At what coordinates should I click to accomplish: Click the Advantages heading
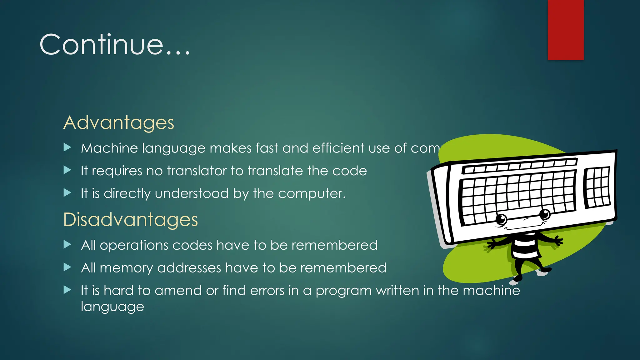coord(119,122)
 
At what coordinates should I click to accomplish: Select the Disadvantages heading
coord(130,219)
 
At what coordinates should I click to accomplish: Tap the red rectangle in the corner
coord(566,30)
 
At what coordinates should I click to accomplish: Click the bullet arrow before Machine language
coord(67,147)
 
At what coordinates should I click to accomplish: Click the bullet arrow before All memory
coord(67,267)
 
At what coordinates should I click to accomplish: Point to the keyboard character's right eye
coord(545,214)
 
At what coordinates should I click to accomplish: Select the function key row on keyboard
coord(519,166)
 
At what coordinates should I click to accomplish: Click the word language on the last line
coord(112,307)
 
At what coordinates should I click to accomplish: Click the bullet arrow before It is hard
coord(67,290)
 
